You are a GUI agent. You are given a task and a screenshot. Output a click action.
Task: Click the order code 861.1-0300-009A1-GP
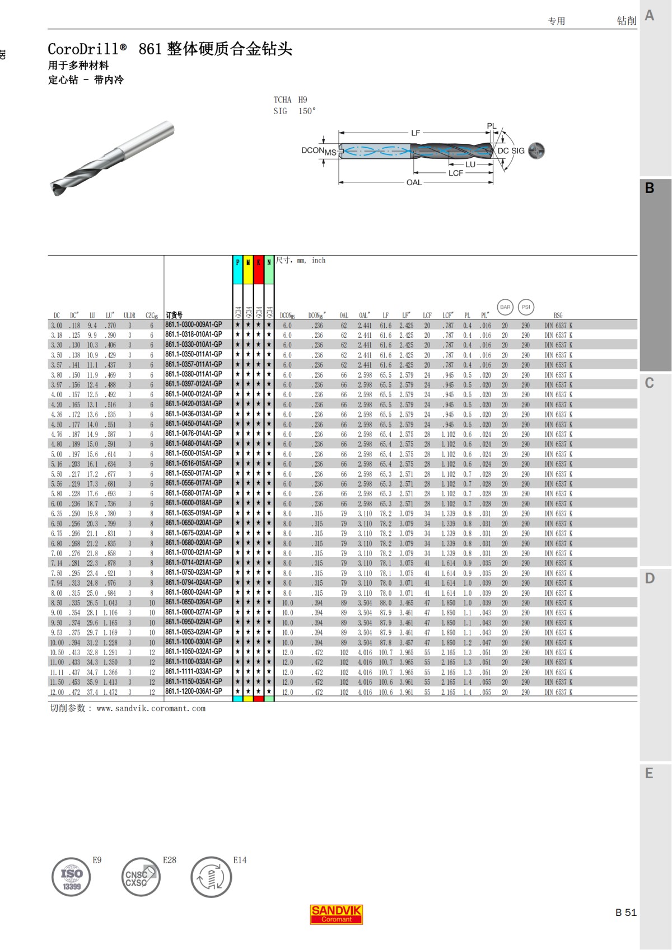pos(194,324)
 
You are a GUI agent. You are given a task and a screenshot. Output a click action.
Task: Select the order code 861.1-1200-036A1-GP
pos(194,692)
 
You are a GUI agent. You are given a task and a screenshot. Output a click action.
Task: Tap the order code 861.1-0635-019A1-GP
pos(194,513)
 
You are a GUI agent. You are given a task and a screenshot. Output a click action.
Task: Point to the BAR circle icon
pos(505,307)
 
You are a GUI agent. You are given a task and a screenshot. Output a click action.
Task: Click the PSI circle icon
pos(526,307)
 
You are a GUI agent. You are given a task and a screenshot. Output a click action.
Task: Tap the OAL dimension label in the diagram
pos(414,182)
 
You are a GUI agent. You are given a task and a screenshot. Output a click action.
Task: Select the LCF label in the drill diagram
pos(456,173)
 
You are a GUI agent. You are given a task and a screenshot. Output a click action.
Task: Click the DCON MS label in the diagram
pos(318,151)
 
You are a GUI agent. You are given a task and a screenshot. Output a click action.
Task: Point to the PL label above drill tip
pos(491,126)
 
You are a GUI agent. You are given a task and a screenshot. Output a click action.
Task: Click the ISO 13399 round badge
pos(71,878)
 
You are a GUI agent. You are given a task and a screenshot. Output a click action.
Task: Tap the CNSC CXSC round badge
pos(141,877)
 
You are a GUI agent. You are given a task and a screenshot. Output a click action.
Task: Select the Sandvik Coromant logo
pos(337,914)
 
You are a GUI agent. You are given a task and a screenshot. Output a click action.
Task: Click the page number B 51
pos(626,913)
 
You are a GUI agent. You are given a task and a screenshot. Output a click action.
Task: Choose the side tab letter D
pos(650,579)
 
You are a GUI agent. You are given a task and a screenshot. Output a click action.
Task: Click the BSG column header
pos(558,316)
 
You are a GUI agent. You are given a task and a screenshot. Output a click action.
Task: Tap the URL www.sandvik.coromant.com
pos(151,708)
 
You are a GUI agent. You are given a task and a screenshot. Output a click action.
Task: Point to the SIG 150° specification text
pos(295,111)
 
